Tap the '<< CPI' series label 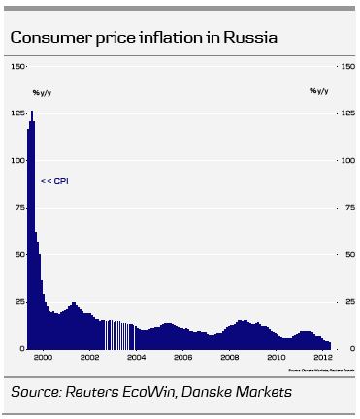pyautogui.click(x=54, y=180)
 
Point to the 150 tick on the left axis pyautogui.click(x=17, y=67)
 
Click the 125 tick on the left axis pyautogui.click(x=17, y=113)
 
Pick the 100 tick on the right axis pyautogui.click(x=345, y=161)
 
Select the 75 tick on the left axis pyautogui.click(x=19, y=208)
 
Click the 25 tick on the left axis pyautogui.click(x=19, y=302)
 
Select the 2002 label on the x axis pyautogui.click(x=89, y=358)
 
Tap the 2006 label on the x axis pyautogui.click(x=182, y=358)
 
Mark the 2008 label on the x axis pyautogui.click(x=229, y=358)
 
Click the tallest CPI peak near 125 pyautogui.click(x=32, y=114)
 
